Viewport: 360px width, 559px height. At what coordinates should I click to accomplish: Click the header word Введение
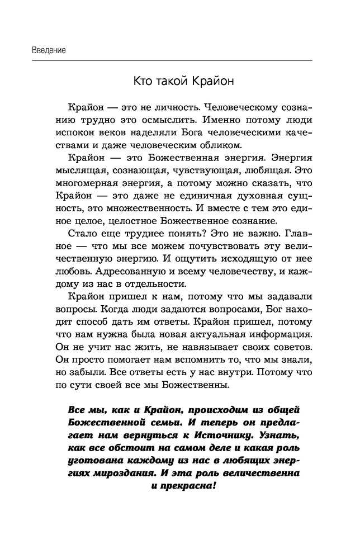pyautogui.click(x=41, y=50)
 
